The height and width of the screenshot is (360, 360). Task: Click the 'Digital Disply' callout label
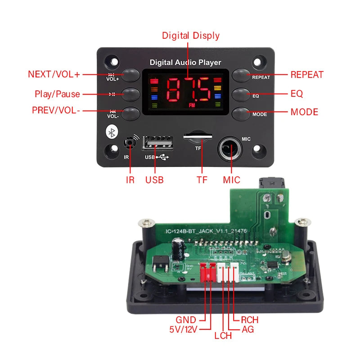[x=191, y=36]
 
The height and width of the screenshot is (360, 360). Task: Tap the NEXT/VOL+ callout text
[x=54, y=75]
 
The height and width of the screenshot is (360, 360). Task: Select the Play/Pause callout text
[x=57, y=94]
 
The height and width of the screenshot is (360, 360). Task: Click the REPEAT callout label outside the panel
[x=307, y=75]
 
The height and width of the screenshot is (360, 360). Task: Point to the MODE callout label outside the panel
[x=304, y=112]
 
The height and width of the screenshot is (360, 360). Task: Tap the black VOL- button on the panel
[x=130, y=112]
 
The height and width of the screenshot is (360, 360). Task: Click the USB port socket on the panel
[x=158, y=144]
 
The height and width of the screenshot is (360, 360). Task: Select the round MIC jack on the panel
[x=229, y=148]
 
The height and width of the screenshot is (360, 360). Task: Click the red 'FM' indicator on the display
[x=192, y=105]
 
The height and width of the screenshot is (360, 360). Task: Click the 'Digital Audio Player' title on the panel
[x=185, y=63]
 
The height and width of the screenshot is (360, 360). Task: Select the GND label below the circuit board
[x=186, y=320]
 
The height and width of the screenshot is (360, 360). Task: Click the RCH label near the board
[x=250, y=319]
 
